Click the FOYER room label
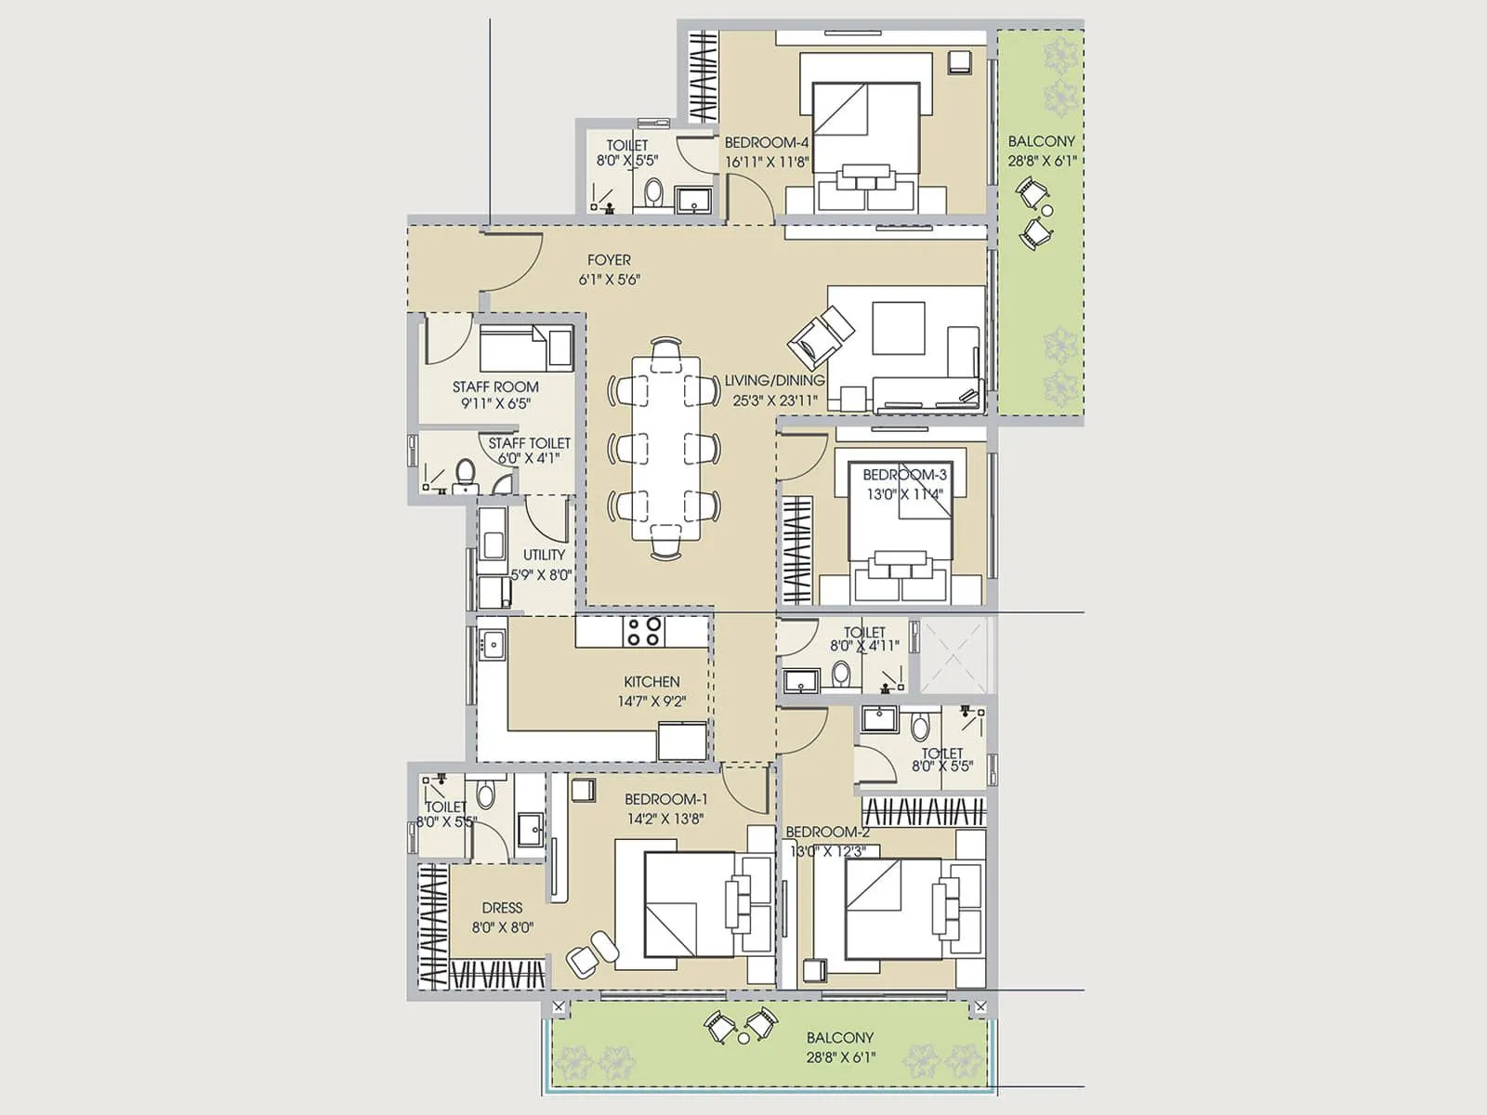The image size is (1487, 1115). pyautogui.click(x=609, y=260)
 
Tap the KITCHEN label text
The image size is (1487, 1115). pyautogui.click(x=651, y=681)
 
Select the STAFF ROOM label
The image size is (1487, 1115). pyautogui.click(x=495, y=387)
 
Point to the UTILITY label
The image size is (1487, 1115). pyautogui.click(x=544, y=555)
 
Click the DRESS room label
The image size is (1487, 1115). pyautogui.click(x=502, y=908)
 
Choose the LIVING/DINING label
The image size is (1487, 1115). pyautogui.click(x=774, y=380)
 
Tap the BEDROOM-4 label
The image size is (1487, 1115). pyautogui.click(x=767, y=142)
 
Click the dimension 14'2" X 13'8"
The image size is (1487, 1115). pyautogui.click(x=665, y=819)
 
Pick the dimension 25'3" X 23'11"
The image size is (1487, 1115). pyautogui.click(x=775, y=400)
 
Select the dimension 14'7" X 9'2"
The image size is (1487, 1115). pyautogui.click(x=651, y=702)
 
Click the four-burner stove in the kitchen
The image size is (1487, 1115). pyautogui.click(x=643, y=632)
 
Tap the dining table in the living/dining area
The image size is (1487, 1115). pyautogui.click(x=665, y=448)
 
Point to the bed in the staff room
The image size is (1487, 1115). pyautogui.click(x=525, y=348)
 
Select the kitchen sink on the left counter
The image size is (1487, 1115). pyautogui.click(x=492, y=643)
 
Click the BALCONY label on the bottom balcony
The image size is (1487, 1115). pyautogui.click(x=840, y=1038)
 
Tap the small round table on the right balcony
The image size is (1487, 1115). pyautogui.click(x=1047, y=211)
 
